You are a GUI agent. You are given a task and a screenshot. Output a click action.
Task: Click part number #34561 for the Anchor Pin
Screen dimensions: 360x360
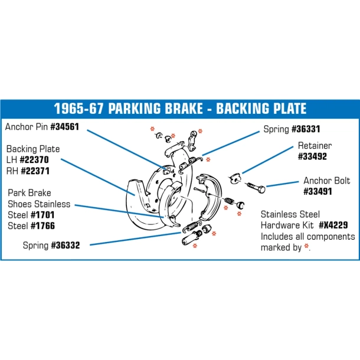point(64,126)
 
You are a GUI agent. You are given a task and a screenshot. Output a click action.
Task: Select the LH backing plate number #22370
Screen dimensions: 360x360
point(34,159)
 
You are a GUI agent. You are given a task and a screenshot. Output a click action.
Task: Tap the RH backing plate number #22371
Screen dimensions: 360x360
point(35,171)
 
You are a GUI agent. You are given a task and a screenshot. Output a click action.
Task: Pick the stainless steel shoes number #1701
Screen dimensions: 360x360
point(42,215)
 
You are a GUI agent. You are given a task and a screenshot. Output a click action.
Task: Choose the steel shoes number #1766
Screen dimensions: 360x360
point(42,225)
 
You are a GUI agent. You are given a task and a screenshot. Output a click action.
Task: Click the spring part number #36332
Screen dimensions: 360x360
point(66,245)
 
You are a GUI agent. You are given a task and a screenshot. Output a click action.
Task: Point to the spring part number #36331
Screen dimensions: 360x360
point(306,129)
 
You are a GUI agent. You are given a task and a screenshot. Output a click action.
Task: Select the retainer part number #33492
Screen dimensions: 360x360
point(312,156)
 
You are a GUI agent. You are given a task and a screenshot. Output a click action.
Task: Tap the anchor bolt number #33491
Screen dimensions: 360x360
point(318,191)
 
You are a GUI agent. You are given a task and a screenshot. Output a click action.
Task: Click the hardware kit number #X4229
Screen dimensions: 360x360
point(333,225)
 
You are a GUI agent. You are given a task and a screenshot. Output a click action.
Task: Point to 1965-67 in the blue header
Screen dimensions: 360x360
point(78,109)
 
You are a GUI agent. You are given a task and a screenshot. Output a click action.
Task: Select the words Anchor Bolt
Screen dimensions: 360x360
point(327,181)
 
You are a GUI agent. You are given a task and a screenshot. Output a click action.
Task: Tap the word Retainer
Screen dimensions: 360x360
point(315,146)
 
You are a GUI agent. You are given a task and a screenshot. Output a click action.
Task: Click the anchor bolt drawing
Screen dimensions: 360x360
point(257,187)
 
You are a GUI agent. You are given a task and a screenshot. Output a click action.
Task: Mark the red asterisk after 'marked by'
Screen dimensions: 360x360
point(306,246)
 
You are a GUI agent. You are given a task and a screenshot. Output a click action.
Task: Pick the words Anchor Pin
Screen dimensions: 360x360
point(27,126)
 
